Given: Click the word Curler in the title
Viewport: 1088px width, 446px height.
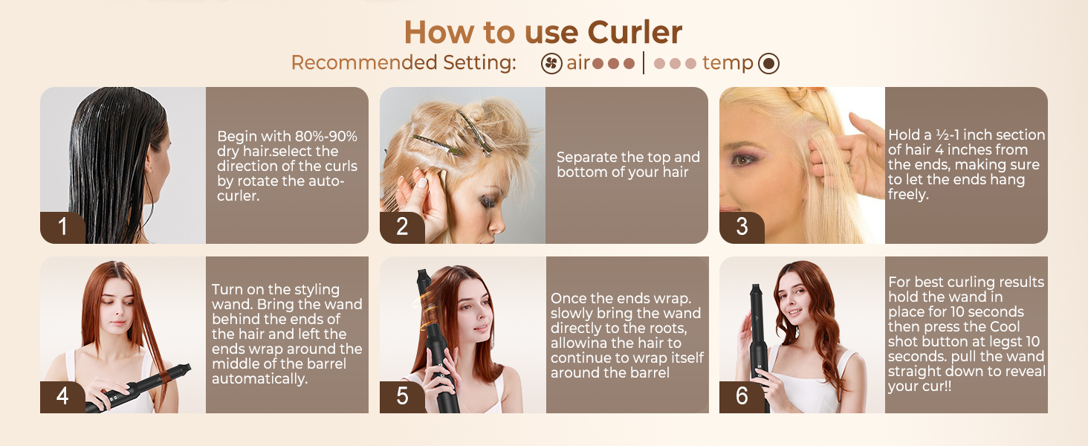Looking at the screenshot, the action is coord(635,33).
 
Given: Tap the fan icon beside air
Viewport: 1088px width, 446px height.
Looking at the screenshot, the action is coord(551,64).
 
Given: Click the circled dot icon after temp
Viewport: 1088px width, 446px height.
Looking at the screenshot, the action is coord(768,64).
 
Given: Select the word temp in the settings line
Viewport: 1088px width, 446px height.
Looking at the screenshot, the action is coord(727,63).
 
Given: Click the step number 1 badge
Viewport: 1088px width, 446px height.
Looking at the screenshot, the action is coord(62,227).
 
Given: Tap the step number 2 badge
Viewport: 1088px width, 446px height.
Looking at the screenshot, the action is coord(402,227).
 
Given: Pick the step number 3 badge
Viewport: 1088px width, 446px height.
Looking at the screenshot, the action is coord(742,227).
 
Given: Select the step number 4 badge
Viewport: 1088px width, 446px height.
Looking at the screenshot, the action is coord(62,396).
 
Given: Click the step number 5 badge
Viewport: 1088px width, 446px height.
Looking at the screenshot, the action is coord(402,396).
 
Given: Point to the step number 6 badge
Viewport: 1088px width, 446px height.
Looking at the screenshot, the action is coord(742,396).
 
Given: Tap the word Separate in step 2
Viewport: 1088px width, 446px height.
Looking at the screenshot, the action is coord(585,158).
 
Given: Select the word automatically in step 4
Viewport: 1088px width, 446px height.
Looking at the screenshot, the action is coord(260,379).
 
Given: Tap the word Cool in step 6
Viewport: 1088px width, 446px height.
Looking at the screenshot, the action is coord(1005,326).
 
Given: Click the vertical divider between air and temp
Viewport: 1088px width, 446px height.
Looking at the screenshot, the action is coord(644,63).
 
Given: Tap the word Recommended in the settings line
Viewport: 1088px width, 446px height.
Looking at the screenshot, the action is coord(364,62).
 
